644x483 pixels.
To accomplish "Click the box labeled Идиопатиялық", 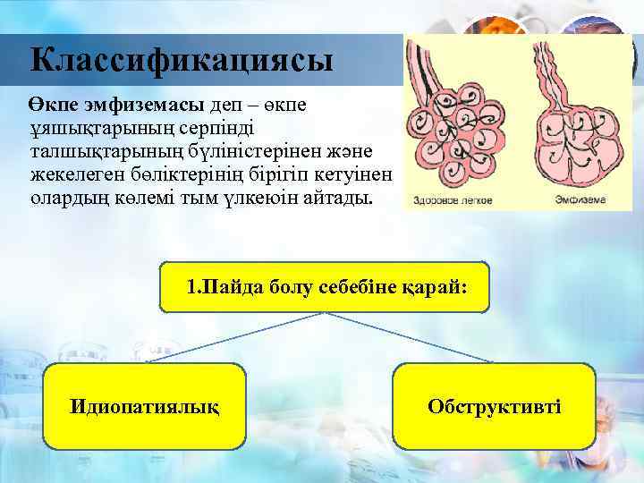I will (145, 406).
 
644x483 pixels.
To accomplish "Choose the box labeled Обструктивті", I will (495, 406).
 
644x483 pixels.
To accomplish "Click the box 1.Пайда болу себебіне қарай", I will (325, 287).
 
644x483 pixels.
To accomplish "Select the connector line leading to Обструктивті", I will (411, 338).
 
